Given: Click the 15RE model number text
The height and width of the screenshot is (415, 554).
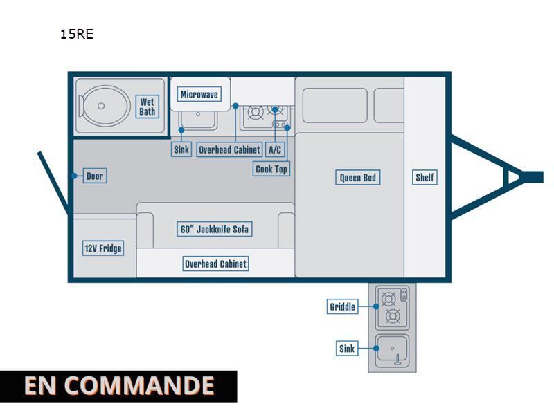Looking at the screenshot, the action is (77, 34).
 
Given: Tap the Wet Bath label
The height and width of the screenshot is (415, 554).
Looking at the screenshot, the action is (147, 107).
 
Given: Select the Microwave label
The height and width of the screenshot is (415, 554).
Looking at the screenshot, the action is (199, 94).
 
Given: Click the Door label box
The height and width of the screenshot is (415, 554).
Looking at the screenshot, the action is (95, 176).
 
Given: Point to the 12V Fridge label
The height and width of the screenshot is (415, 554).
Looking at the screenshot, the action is (103, 248).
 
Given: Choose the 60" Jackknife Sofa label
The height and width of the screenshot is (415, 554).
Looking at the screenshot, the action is (215, 229).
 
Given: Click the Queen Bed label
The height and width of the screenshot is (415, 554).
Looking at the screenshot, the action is (357, 177).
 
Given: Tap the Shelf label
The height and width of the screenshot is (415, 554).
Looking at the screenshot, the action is (425, 177).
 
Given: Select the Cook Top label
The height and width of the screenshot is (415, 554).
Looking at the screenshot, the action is (271, 169).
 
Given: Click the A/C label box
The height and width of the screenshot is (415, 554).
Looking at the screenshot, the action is (275, 149).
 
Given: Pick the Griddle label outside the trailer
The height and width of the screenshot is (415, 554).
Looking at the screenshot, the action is (342, 306).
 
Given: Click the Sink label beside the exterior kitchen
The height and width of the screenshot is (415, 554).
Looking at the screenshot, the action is (347, 349).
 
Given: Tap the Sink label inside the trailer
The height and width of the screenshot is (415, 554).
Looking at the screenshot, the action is (181, 149).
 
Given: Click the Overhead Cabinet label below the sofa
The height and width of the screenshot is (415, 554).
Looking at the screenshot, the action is (215, 264).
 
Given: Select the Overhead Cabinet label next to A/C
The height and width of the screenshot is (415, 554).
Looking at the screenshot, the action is (230, 149).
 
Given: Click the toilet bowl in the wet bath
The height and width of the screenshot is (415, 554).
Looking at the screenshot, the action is (102, 106).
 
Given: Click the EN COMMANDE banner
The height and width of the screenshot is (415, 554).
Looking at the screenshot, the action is (118, 386).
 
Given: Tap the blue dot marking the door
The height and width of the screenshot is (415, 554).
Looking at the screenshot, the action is (74, 176).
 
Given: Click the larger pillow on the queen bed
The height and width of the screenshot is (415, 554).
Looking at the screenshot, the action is (335, 106).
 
